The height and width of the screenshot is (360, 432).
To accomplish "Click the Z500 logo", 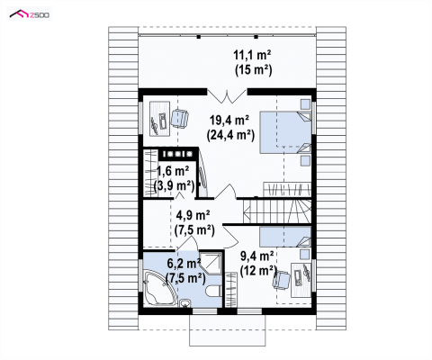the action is click(30, 14).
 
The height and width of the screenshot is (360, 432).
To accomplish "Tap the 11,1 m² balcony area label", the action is click(253, 56).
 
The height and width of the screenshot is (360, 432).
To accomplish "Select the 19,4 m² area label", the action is click(229, 121).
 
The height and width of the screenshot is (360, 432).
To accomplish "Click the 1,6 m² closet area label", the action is click(173, 171).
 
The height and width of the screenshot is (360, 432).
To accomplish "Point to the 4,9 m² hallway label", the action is click(193, 215).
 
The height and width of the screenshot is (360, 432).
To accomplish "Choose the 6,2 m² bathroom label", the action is click(184, 264).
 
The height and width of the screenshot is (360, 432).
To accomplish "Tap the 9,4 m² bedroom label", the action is click(257, 256).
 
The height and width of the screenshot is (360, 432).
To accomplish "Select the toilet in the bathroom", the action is click(214, 291).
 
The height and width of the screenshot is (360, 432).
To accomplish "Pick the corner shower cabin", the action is click(212, 263).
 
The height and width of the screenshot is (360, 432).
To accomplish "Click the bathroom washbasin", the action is click(184, 303).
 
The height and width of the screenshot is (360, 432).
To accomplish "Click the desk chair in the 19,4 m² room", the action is click(179, 118).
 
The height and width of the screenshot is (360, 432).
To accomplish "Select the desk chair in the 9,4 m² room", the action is click(281, 280).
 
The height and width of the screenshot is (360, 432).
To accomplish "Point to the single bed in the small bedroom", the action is click(285, 237).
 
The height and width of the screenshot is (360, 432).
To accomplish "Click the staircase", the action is click(277, 211).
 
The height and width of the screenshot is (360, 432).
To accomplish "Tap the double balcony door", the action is click(227, 95).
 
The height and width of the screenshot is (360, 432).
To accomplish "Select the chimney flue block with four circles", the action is click(179, 154).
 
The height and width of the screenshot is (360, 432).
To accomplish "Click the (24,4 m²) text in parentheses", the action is click(230, 135).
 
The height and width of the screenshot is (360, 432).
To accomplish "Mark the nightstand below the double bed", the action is click(305, 160).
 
